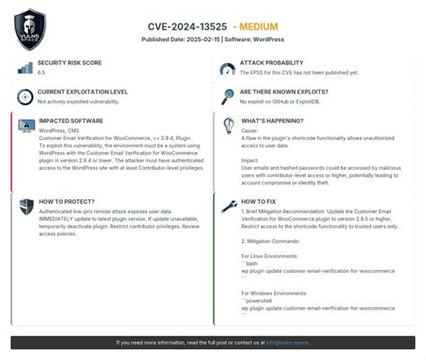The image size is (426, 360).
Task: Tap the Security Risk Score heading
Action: coord(70,63)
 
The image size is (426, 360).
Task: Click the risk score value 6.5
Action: coord(41,72)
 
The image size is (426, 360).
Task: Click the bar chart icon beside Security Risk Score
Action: coord(24,67)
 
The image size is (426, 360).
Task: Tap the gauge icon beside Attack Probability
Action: coord(227,68)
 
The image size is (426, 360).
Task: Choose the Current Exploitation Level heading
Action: coord(82,92)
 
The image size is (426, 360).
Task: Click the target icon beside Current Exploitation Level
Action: coord(24,96)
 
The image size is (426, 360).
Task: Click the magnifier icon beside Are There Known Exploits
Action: coord(227,96)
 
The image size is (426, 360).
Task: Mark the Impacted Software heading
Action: coord(70,120)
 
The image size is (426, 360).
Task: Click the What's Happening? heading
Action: coord(273,120)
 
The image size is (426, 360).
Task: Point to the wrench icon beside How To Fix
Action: coord(227,206)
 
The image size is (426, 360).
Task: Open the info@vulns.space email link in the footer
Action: coord(288,343)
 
